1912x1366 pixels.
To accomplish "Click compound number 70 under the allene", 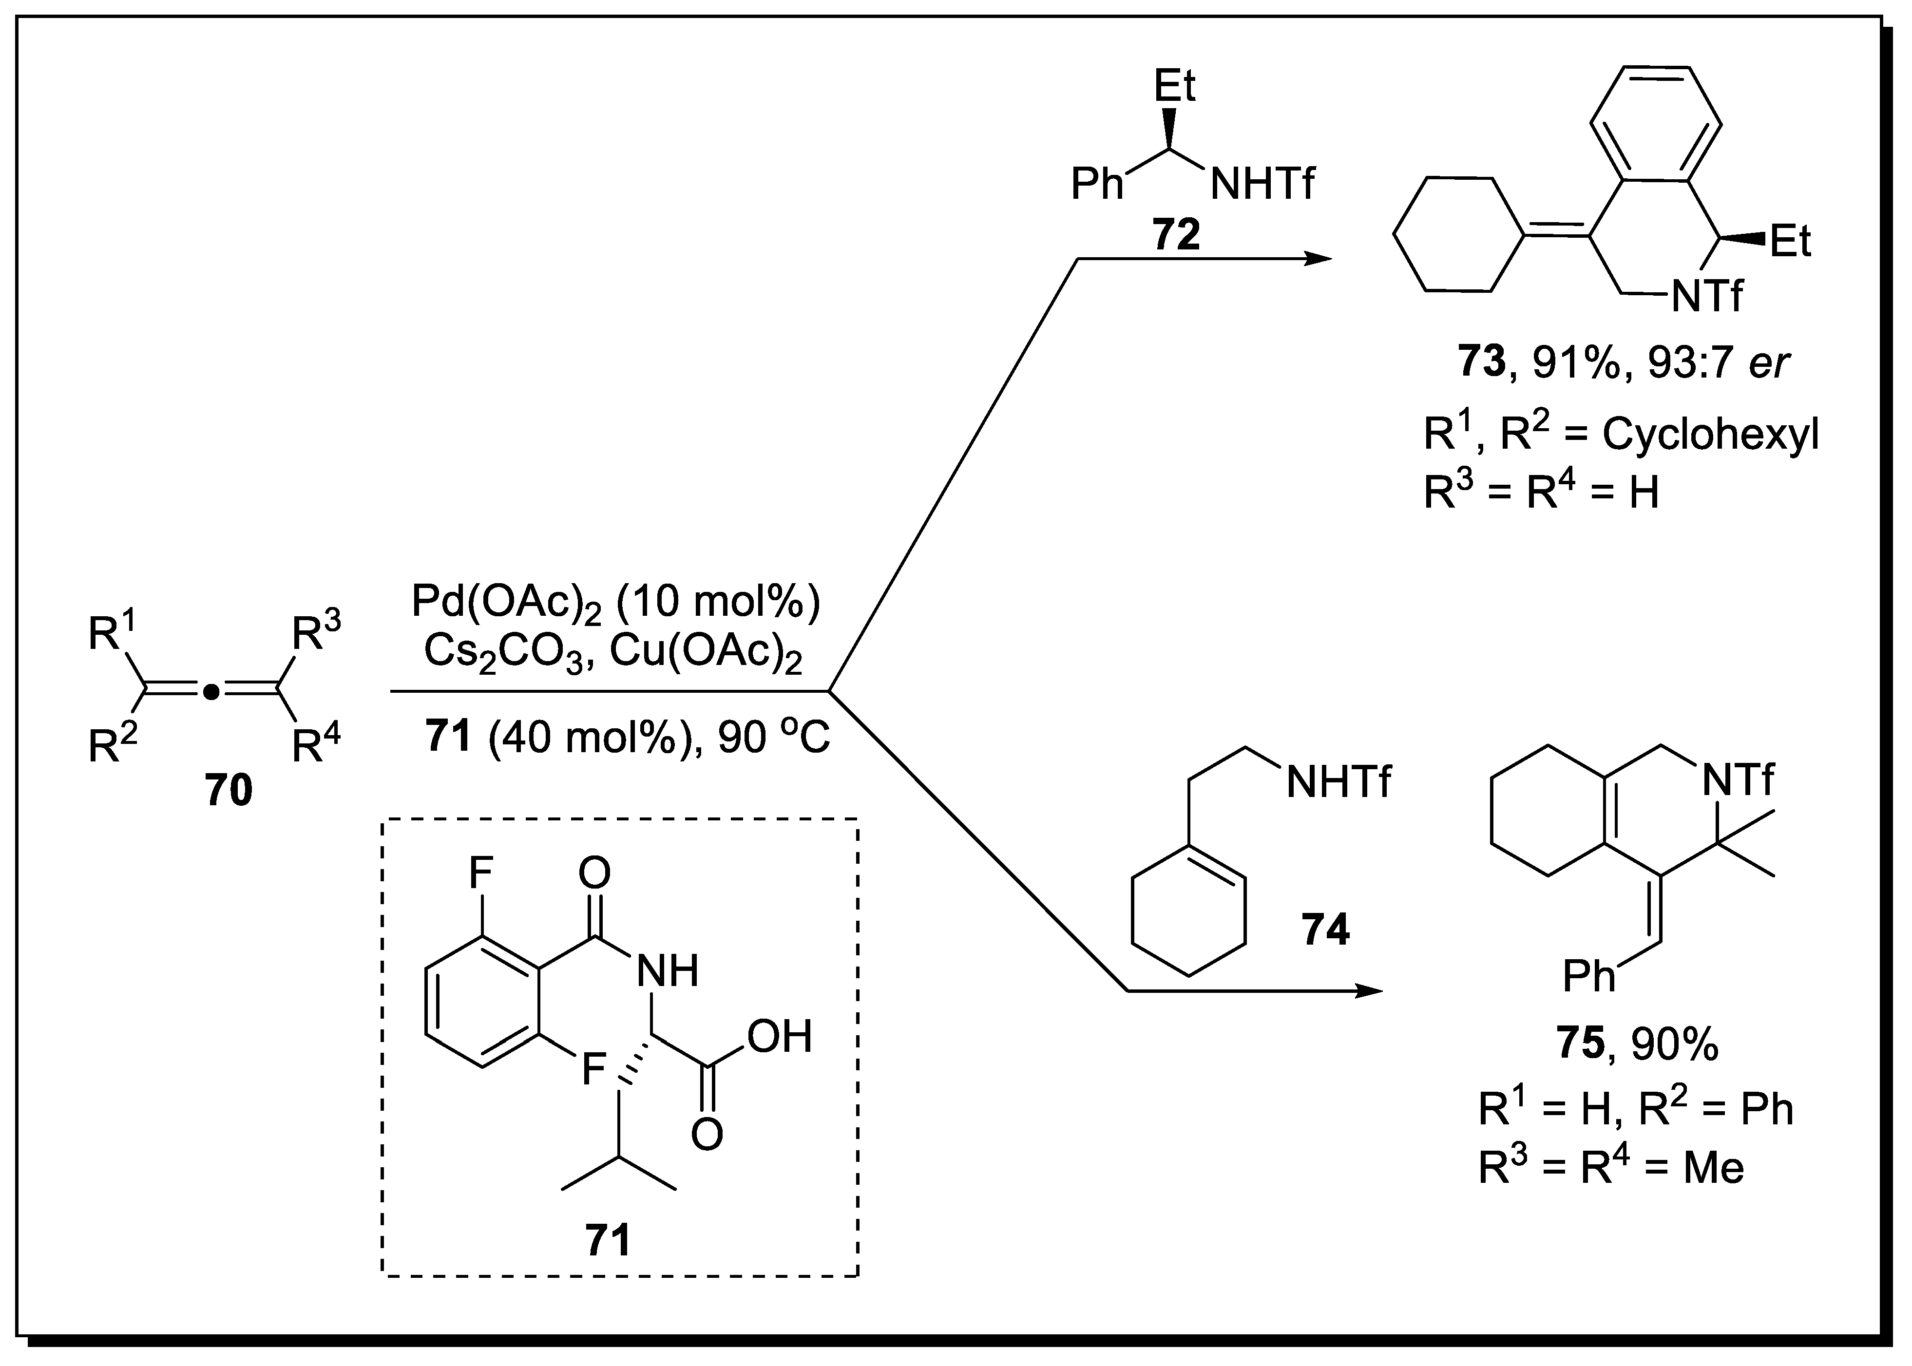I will (229, 791).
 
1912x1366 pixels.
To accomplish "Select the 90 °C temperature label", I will (773, 738).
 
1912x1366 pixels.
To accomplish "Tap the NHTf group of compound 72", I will (1262, 183).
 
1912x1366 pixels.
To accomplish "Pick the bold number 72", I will (1176, 235).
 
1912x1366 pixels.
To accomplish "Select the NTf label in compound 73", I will (1707, 296).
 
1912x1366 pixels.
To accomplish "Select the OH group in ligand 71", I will (779, 1037).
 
